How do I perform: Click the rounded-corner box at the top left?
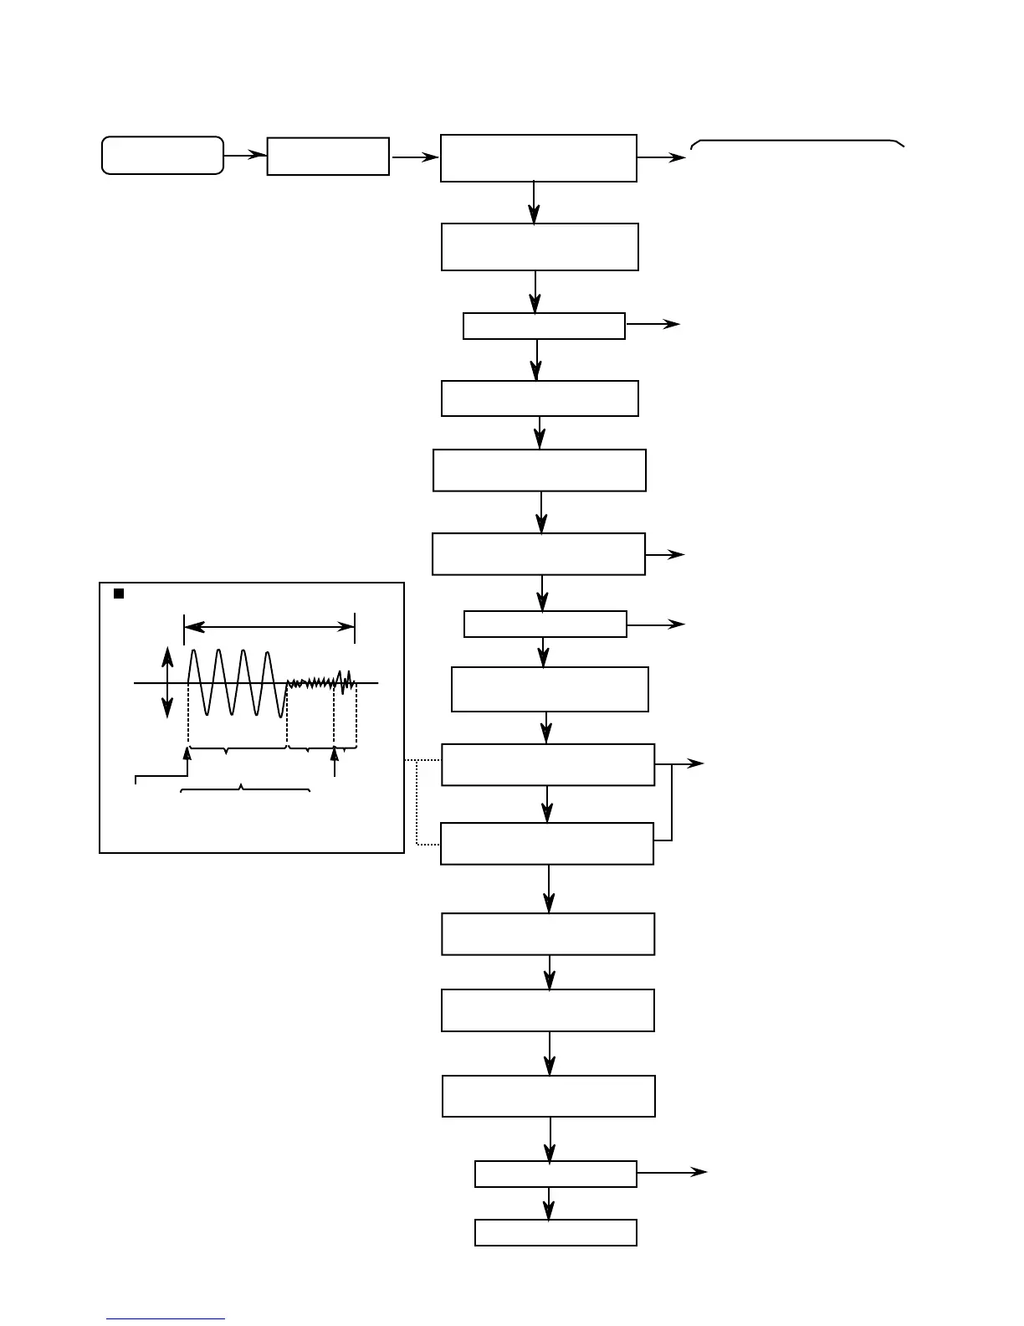click(x=162, y=156)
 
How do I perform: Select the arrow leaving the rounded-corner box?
click(x=245, y=156)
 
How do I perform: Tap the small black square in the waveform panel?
click(x=119, y=594)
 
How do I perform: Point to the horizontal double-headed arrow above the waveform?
click(x=269, y=626)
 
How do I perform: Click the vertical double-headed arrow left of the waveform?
click(x=168, y=681)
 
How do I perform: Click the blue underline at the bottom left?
click(x=166, y=1320)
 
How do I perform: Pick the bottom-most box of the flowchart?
click(x=556, y=1232)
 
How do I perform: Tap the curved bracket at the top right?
click(x=797, y=143)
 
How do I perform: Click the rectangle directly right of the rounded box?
click(x=328, y=157)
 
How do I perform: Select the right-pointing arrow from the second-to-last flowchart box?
click(x=673, y=1173)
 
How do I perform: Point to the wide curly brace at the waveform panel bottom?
click(x=245, y=789)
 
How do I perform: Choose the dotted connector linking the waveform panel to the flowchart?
click(x=417, y=802)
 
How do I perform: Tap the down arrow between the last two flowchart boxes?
click(x=549, y=1203)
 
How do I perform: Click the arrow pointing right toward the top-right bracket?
click(x=661, y=157)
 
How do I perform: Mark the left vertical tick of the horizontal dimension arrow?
click(x=184, y=628)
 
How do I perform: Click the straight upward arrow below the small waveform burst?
click(x=335, y=762)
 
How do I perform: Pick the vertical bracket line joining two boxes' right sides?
click(x=672, y=802)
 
